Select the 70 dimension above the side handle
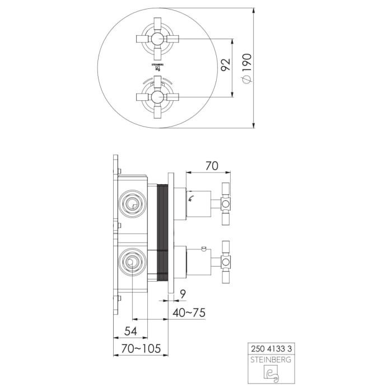click(211, 166)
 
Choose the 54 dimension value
click(130, 330)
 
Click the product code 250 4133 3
click(270, 348)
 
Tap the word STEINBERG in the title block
click(270, 360)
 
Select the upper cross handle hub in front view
click(156, 39)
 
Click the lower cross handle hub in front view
click(156, 96)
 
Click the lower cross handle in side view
click(226, 262)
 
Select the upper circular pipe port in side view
click(133, 203)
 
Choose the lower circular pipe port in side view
click(133, 261)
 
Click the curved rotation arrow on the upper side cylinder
click(192, 197)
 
